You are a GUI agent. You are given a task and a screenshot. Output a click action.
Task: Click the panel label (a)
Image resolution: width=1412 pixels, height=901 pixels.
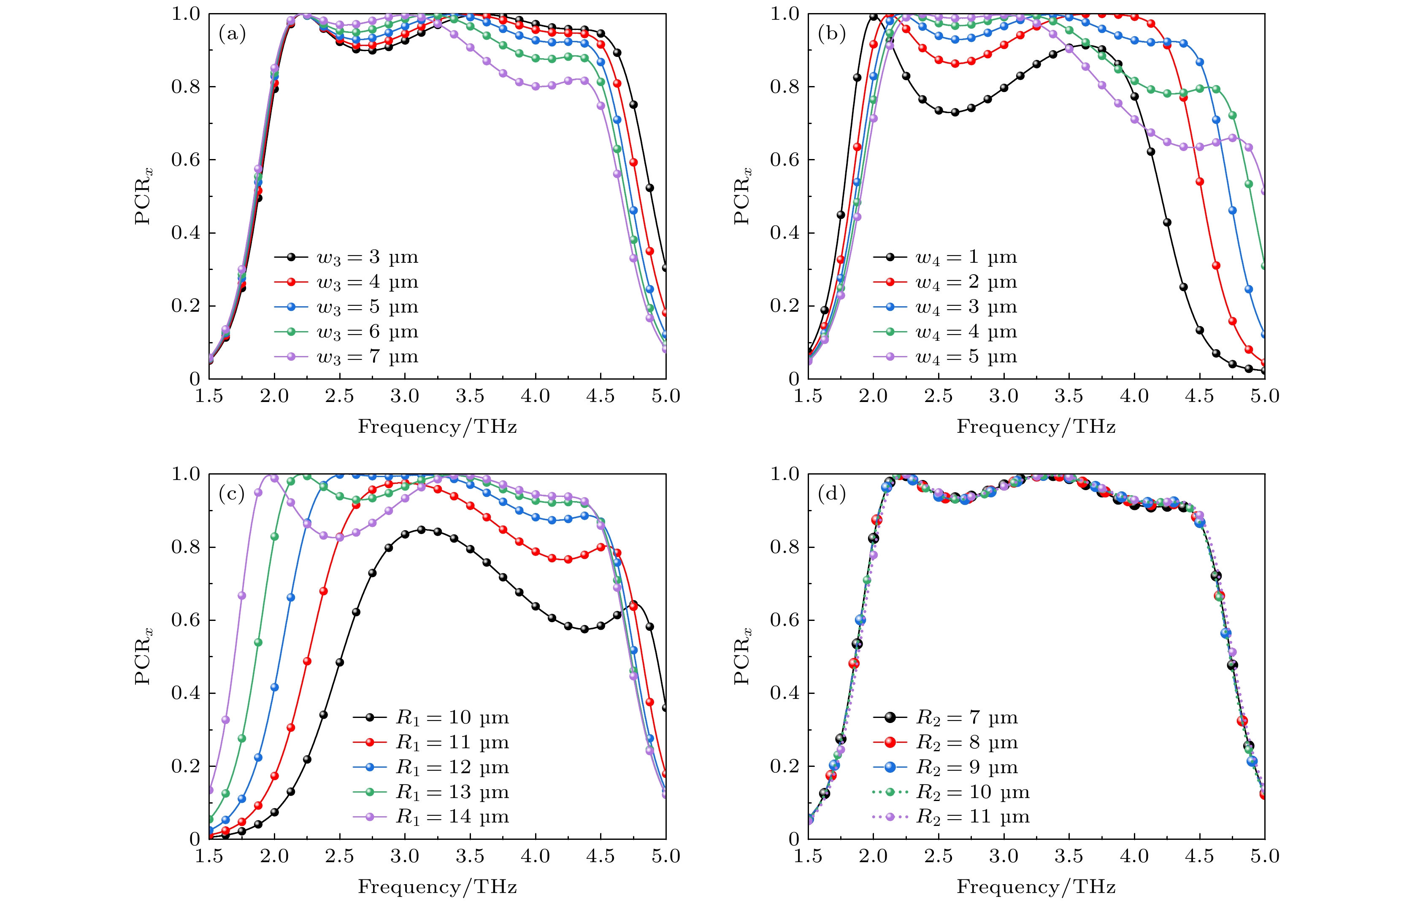[x=232, y=35]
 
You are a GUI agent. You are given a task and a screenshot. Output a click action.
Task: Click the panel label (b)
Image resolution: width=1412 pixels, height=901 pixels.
[x=831, y=35]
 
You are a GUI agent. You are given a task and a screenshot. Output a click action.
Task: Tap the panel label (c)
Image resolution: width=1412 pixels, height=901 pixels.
[x=232, y=495]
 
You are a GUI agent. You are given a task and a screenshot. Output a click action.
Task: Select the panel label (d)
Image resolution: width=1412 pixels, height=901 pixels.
[x=831, y=495]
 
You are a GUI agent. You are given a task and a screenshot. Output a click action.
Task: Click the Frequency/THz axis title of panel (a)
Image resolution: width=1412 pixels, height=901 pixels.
[x=438, y=427]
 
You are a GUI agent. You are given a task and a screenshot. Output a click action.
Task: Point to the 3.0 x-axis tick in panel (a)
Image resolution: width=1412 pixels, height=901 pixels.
[x=405, y=397]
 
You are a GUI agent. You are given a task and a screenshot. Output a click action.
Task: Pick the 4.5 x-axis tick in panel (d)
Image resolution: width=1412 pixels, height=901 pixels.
[x=1199, y=857]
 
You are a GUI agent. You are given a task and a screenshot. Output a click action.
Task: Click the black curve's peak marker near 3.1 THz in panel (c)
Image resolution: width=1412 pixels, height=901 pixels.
[x=421, y=530]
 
